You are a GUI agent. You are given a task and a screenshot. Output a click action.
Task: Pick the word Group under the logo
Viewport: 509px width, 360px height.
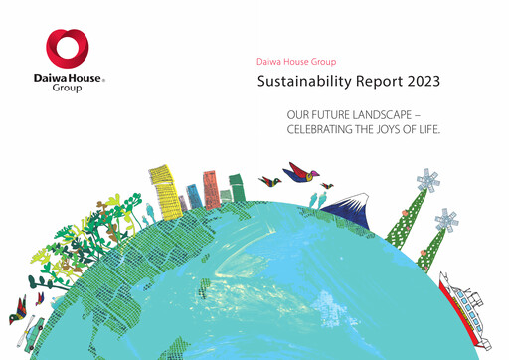(69, 88)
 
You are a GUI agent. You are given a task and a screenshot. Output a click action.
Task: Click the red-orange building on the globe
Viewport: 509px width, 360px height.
(211, 188)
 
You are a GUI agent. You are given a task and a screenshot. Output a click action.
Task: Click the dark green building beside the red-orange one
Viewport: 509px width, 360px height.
(236, 188)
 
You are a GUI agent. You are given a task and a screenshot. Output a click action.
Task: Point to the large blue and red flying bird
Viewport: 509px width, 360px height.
(300, 174)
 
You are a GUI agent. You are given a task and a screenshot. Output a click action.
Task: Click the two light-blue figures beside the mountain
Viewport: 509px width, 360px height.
(317, 199)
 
